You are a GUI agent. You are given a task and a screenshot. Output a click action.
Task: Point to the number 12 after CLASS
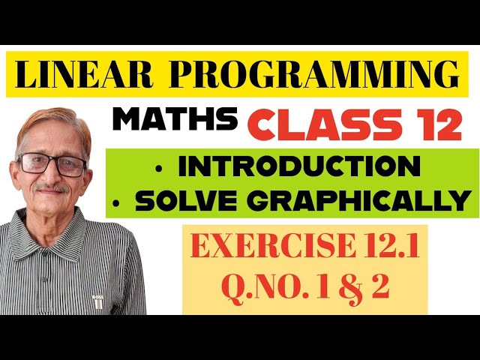tap(436, 124)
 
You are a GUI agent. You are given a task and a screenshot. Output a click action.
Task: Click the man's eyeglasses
tap(52, 164)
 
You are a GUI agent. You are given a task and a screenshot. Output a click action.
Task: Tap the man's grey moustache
tap(52, 188)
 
